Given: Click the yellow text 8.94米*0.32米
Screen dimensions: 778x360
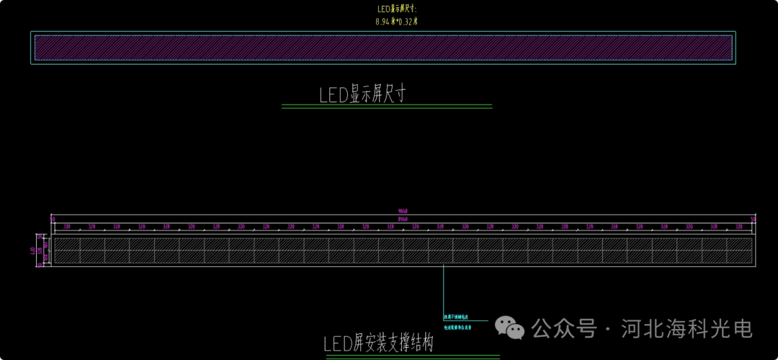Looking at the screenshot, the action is pyautogui.click(x=396, y=22).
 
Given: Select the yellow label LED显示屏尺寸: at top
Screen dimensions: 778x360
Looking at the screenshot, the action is pyautogui.click(x=396, y=9).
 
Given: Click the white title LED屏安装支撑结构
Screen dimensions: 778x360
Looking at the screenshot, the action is pyautogui.click(x=378, y=343).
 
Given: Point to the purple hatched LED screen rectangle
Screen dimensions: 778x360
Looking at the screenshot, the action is pyautogui.click(x=383, y=48).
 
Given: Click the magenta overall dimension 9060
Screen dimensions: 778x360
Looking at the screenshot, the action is pyautogui.click(x=403, y=211).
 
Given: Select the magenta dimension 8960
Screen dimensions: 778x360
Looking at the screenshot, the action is pyautogui.click(x=403, y=217).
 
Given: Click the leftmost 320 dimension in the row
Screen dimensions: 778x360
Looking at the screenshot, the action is pyautogui.click(x=67, y=226).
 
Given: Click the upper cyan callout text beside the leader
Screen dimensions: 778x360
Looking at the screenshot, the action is pyautogui.click(x=457, y=317).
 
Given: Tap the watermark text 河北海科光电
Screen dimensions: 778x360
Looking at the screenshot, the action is pyautogui.click(x=686, y=329).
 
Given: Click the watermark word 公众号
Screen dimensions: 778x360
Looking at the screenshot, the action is pyautogui.click(x=564, y=329).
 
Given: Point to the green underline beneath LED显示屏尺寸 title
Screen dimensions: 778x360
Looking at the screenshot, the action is pyautogui.click(x=386, y=107).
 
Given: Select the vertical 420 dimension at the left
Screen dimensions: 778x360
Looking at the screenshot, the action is pyautogui.click(x=32, y=250).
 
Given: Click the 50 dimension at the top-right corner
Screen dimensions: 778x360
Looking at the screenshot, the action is pyautogui.click(x=754, y=218).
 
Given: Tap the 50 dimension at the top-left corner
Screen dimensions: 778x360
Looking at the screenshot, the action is pyautogui.click(x=53, y=218).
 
